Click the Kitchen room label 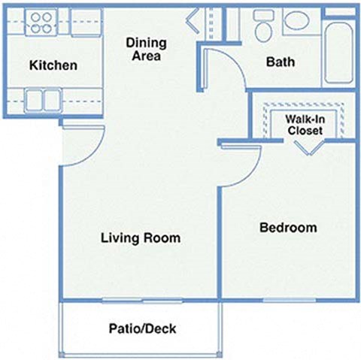(53, 65)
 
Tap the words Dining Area (146, 49)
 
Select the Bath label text (280, 62)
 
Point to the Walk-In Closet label (305, 125)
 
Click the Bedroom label (288, 227)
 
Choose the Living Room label (141, 238)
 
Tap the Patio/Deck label (142, 328)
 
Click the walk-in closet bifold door (308, 146)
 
